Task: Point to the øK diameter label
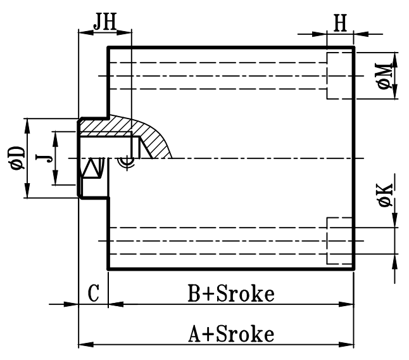tap(384, 193)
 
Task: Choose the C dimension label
tap(93, 293)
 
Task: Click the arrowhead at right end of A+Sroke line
tap(349, 345)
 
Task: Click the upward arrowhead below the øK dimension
tap(394, 261)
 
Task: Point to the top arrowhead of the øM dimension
tap(394, 58)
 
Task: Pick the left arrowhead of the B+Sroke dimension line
tap(113, 304)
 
